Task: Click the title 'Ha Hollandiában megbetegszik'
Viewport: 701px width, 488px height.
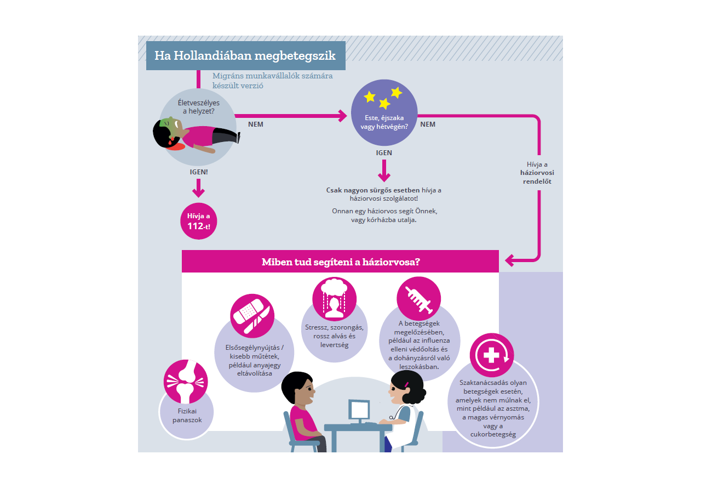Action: pos(245,56)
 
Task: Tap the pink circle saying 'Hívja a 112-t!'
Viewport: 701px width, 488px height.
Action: pos(198,220)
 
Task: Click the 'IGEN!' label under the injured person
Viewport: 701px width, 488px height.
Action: pos(198,172)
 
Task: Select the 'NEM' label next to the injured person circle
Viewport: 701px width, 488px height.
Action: pos(255,124)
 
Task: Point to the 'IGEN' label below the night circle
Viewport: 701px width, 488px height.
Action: pos(384,153)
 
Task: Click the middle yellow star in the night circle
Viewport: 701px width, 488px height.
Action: pos(384,104)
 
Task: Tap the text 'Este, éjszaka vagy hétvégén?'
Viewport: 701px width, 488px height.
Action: pos(384,122)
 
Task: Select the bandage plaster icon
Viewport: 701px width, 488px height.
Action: pos(252,316)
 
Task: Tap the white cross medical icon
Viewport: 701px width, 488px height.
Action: pos(491,355)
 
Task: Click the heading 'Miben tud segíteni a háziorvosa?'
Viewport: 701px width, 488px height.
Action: pos(341,262)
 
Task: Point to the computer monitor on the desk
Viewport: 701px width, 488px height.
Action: pos(359,410)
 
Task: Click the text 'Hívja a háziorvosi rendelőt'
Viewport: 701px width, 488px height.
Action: pos(537,173)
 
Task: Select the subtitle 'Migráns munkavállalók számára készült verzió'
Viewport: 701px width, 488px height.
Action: pos(272,81)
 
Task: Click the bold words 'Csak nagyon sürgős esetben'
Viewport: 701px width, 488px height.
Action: pos(365,190)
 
